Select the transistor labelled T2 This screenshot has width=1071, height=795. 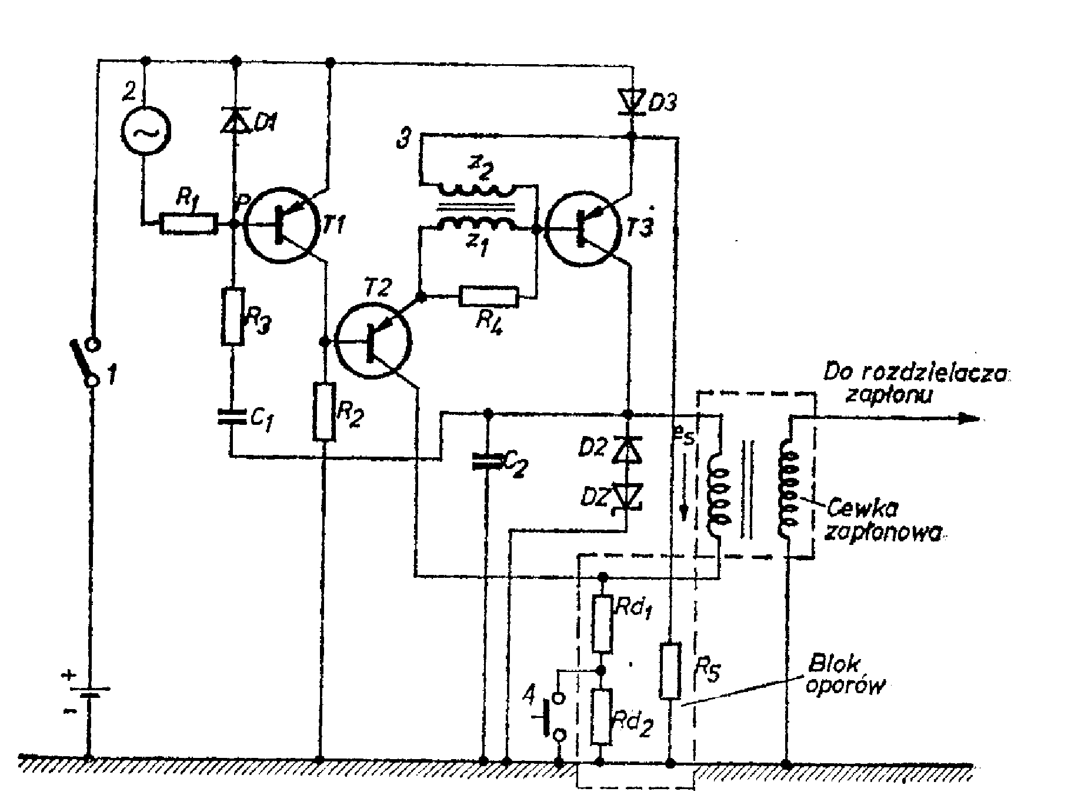373,341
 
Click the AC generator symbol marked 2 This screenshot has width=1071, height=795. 145,131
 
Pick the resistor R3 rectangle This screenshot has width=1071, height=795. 232,316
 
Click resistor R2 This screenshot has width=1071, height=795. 324,411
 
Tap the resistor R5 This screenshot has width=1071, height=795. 670,671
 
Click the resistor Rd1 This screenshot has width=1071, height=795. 602,623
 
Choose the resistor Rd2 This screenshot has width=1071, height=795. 602,717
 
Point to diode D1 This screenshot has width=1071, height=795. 234,120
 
